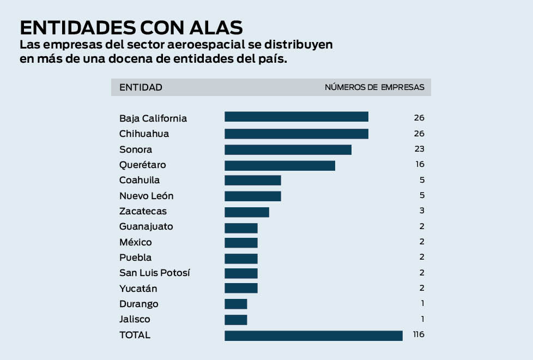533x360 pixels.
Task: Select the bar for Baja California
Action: (296, 117)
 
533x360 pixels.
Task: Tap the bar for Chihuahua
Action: (296, 134)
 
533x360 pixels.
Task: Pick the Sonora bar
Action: (288, 149)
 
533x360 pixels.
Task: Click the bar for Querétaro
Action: (280, 165)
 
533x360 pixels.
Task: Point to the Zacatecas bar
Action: (246, 212)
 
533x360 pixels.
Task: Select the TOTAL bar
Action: (313, 335)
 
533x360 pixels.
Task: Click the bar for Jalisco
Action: (235, 320)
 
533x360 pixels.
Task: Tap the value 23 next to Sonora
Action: (419, 149)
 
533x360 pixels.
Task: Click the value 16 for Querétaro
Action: (419, 164)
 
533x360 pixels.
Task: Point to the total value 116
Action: (418, 334)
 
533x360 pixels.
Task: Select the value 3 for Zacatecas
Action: (421, 211)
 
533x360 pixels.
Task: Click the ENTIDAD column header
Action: (141, 87)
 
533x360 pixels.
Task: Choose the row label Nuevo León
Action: (146, 196)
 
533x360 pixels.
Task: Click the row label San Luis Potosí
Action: (155, 273)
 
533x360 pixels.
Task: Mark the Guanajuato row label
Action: (146, 226)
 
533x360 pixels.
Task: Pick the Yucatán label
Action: (138, 289)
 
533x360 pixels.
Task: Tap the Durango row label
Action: (138, 304)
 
